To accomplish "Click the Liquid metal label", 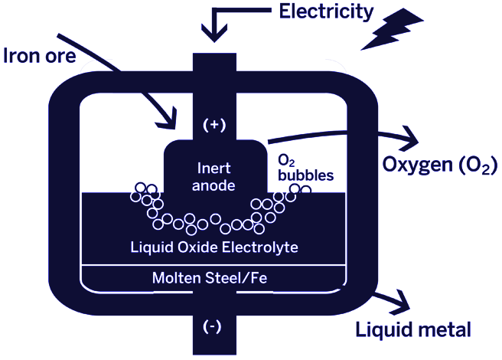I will [412, 330].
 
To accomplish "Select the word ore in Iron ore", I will [60, 57].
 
